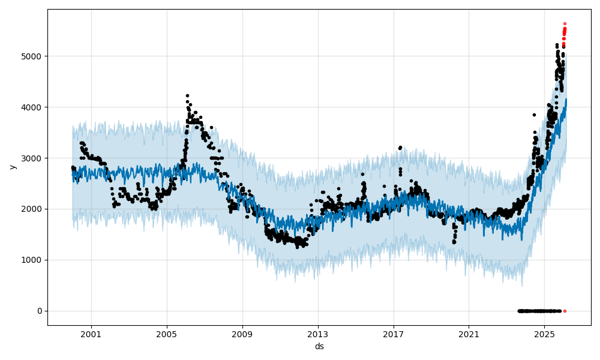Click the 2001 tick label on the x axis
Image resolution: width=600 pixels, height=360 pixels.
[91, 334]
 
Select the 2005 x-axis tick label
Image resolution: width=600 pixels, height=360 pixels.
[166, 334]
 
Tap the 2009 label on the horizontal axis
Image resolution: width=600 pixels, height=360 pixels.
[242, 334]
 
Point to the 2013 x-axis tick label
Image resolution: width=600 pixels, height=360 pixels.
[317, 334]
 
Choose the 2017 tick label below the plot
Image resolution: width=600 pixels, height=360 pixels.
[393, 334]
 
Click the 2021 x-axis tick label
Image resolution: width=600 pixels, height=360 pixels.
[469, 334]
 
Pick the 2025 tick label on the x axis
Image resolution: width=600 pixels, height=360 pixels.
[544, 334]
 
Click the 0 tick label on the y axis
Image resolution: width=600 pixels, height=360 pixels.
[40, 311]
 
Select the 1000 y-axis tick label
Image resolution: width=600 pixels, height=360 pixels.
[32, 260]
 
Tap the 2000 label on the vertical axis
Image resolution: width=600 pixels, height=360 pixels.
[32, 209]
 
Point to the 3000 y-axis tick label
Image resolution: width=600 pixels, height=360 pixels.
[32, 158]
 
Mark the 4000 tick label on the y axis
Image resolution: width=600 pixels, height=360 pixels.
[32, 107]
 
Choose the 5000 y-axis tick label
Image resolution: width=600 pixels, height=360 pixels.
[32, 56]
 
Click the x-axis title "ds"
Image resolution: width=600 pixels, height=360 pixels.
[319, 346]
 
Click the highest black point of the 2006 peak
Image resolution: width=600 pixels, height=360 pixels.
[187, 95]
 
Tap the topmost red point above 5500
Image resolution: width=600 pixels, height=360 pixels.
[565, 23]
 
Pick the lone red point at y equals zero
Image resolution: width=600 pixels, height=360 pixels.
[565, 311]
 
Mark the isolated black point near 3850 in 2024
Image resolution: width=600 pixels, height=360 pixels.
[534, 115]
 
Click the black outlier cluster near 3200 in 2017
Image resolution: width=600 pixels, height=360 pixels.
[400, 147]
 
